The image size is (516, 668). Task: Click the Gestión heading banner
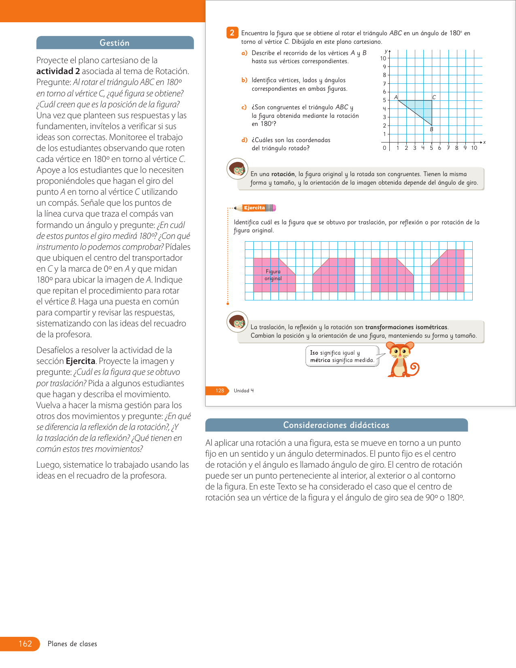coord(115,43)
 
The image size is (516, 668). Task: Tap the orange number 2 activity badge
coord(232,33)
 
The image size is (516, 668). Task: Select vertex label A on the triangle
coord(396,97)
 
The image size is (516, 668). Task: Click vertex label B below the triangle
coord(431,130)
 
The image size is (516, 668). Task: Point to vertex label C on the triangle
coord(434,97)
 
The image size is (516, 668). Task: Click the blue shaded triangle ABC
coord(423,108)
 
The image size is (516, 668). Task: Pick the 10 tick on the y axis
coord(383,58)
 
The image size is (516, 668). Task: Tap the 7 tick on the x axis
coord(448,148)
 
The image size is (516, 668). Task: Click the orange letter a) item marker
coord(244,53)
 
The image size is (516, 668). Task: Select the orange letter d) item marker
coord(244,140)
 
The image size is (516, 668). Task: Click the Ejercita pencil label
coord(255,208)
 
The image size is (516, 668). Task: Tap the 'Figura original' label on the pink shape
coord(273,275)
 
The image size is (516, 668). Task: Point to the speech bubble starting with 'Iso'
coord(342,356)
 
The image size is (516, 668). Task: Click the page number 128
coord(219,391)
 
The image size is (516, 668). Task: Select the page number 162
coord(25,644)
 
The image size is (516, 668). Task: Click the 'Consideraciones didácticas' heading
coord(336,425)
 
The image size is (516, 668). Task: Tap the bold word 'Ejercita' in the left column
coord(80,361)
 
